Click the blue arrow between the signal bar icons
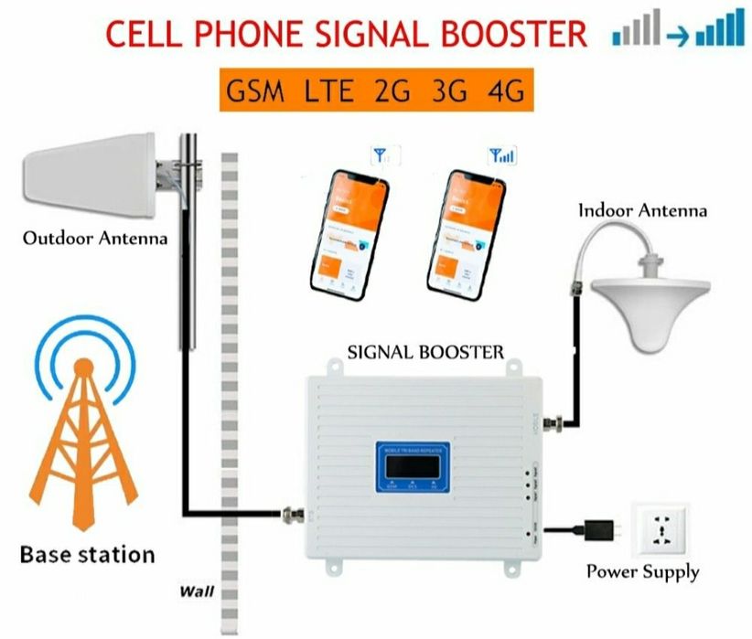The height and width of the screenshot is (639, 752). pos(677,37)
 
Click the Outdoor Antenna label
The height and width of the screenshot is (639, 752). pos(95,240)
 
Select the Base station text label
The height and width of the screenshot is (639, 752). pos(87,554)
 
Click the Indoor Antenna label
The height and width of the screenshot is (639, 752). pos(642,210)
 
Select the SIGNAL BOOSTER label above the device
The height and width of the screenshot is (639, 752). pos(426,352)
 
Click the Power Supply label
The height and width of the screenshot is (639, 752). pos(642,573)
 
